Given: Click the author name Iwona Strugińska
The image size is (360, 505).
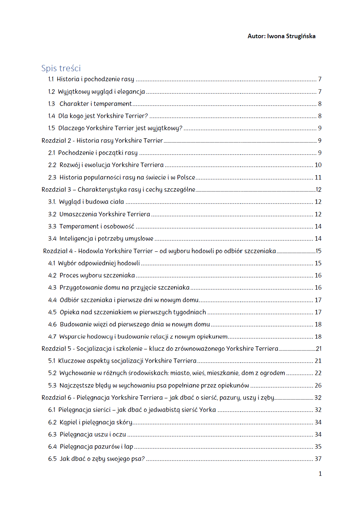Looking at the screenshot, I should click(291, 36).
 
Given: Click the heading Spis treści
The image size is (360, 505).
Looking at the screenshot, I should click(61, 68).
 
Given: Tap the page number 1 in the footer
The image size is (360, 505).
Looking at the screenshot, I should click(320, 474).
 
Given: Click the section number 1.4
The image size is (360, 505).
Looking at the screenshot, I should click(51, 116).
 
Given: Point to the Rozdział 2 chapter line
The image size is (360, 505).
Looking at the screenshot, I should click(102, 141).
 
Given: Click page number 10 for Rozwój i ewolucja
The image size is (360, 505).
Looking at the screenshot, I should click(318, 165).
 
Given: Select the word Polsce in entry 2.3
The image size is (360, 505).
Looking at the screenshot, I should click(186, 177).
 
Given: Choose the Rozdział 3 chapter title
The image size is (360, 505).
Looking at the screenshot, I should click(118, 190).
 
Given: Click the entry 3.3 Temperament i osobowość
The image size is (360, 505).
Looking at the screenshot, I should click(97, 226).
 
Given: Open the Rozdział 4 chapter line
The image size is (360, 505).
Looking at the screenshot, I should click(159, 251).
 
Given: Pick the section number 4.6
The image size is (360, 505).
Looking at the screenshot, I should click(52, 324).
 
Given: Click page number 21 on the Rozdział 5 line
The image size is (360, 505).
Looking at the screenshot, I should click(319, 349).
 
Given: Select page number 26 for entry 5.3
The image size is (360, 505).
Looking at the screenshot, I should click(318, 386).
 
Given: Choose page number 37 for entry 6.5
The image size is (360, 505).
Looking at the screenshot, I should click(318, 459).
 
